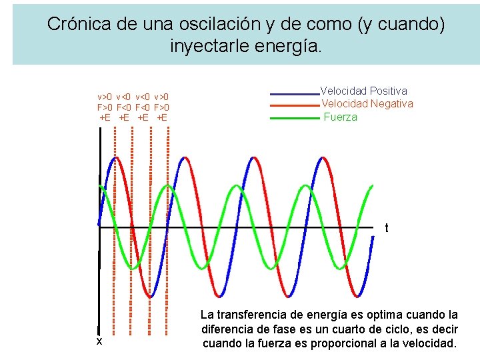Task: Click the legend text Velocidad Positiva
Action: [364, 91]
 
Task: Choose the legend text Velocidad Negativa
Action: [367, 104]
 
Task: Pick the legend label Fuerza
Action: [341, 117]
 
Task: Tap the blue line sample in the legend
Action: [294, 93]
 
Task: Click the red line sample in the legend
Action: [294, 106]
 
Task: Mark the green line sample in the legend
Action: [294, 118]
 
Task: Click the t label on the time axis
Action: [387, 229]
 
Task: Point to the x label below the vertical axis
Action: [99, 341]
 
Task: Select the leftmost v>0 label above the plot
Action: [105, 97]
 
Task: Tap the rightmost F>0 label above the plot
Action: [161, 107]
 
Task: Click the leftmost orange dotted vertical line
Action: [115, 233]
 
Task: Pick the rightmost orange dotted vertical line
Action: [168, 233]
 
